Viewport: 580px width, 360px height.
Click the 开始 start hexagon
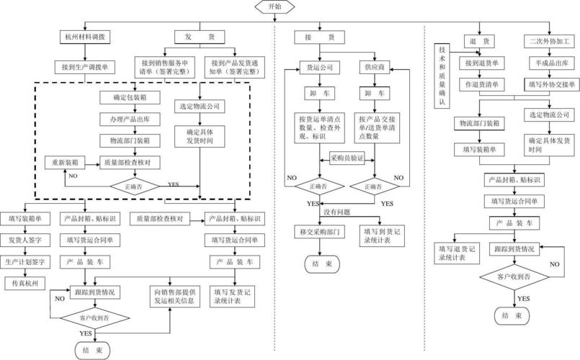tap(275, 6)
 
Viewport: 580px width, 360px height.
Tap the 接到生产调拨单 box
tap(86, 67)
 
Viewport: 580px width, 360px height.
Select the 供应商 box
tap(375, 68)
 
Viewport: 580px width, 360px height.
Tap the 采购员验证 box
tap(347, 158)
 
